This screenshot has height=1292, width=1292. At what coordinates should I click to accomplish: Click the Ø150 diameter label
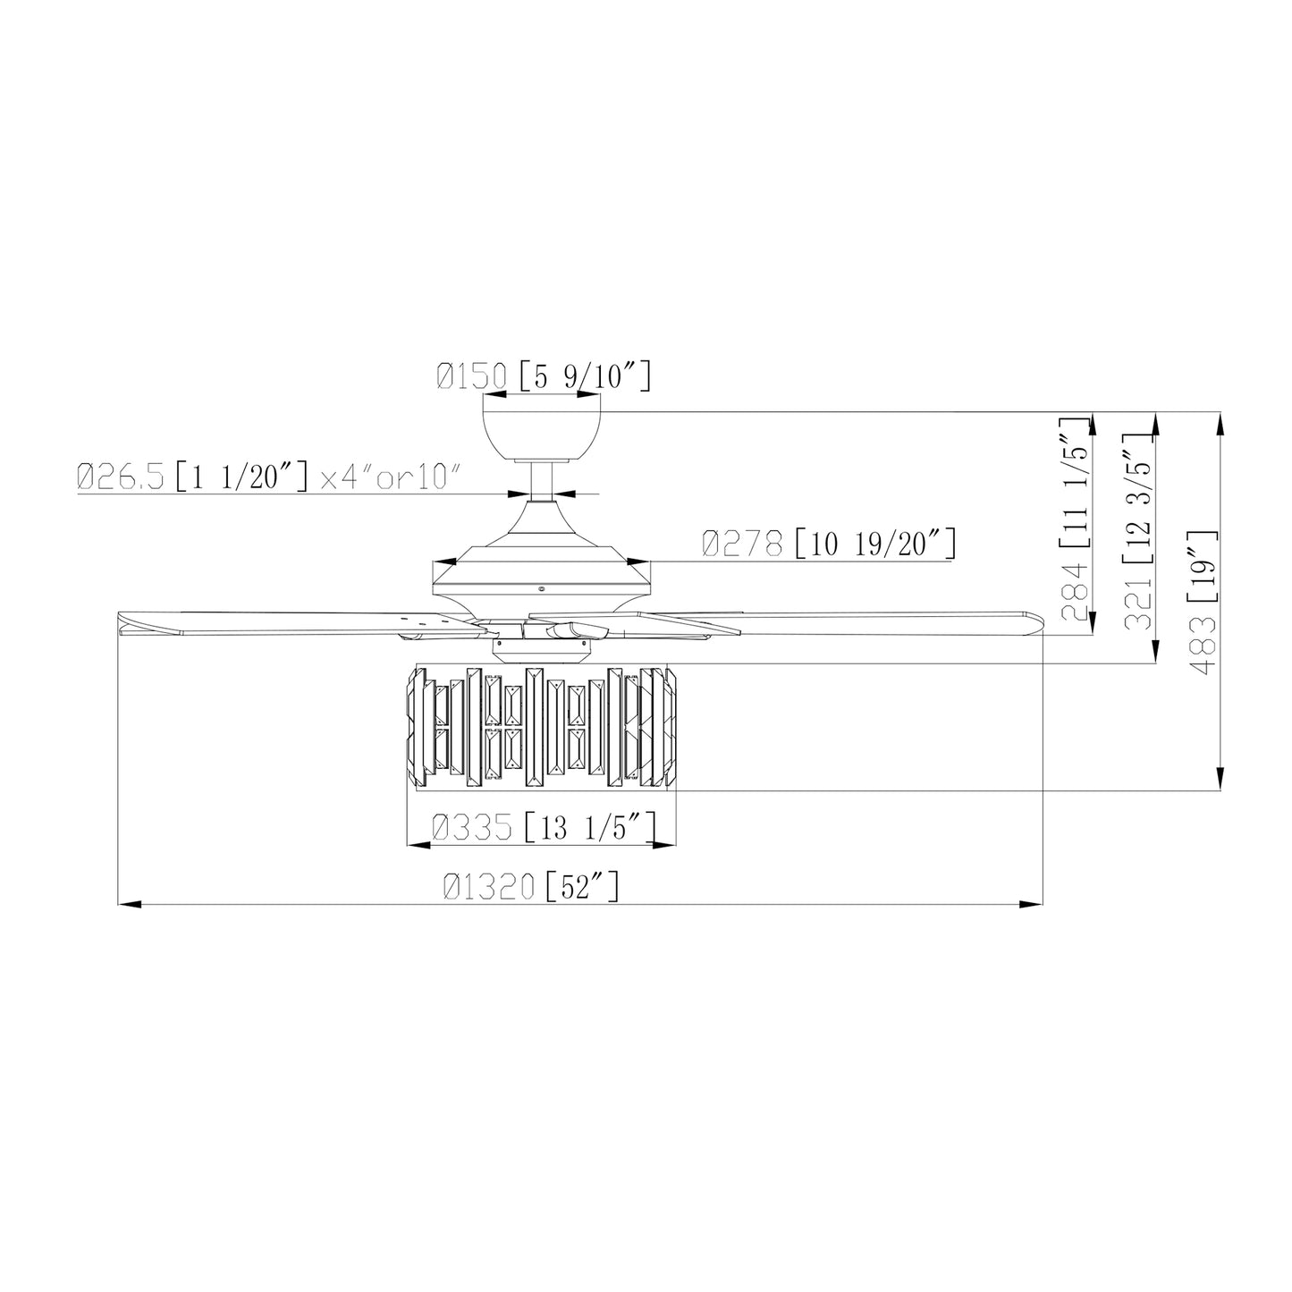pyautogui.click(x=471, y=376)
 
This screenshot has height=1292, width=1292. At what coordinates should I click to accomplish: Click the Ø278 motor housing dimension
pyautogui.click(x=742, y=543)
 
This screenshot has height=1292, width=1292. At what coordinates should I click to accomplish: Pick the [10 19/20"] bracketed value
pyautogui.click(x=875, y=543)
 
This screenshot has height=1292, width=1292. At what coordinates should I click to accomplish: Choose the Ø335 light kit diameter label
pyautogui.click(x=472, y=827)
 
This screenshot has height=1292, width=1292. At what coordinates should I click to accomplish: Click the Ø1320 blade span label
pyautogui.click(x=489, y=887)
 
